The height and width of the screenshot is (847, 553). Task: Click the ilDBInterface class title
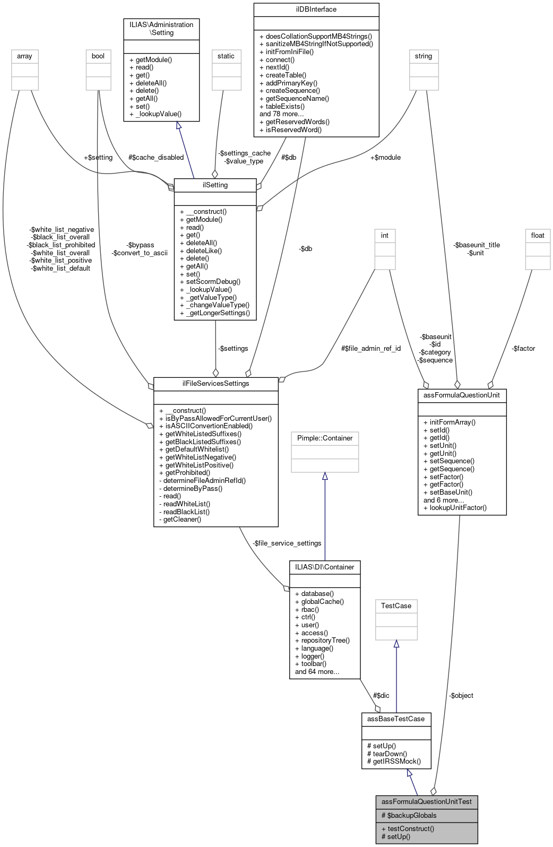[316, 10]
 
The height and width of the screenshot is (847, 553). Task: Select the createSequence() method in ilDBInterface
[292, 91]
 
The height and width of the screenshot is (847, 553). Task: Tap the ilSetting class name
[215, 185]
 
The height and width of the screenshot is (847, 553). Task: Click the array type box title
[24, 56]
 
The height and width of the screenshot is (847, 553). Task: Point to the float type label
[538, 236]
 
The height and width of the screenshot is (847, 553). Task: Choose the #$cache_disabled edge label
[156, 158]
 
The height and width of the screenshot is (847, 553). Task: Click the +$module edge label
[385, 158]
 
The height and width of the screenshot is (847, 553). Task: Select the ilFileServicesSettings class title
[215, 384]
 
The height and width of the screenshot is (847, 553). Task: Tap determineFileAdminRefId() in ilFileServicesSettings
[204, 481]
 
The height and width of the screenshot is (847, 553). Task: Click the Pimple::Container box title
[325, 438]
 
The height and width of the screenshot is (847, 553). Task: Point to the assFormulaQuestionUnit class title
[462, 395]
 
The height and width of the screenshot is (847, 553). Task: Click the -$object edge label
[461, 696]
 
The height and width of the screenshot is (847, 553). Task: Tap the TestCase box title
[396, 606]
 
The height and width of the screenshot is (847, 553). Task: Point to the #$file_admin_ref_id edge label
[371, 349]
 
